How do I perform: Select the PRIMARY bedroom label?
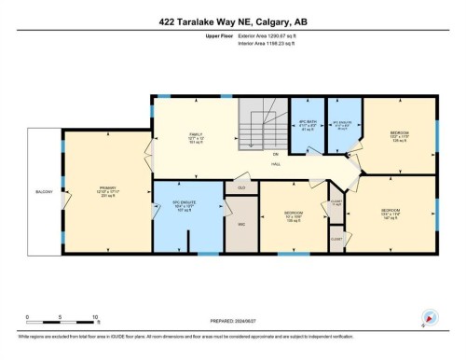107,189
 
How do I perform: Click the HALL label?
277,164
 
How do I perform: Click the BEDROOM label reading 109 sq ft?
292,214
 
